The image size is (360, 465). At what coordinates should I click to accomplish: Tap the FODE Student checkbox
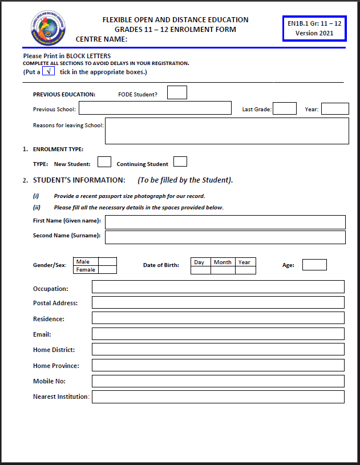[x=177, y=92]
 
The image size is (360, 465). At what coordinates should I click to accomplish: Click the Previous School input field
[x=155, y=108]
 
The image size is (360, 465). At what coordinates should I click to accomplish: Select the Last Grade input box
[x=284, y=108]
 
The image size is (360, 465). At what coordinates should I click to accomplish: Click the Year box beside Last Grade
[x=335, y=108]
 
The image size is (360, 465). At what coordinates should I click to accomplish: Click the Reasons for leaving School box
[x=226, y=131]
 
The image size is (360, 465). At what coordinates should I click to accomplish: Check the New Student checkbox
[x=104, y=162]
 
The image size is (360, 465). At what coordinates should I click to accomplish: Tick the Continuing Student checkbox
[x=180, y=162]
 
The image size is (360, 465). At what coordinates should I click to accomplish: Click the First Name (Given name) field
[x=225, y=222]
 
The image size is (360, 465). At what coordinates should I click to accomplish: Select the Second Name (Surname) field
[x=225, y=237]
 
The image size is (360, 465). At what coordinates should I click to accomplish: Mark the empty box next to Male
[x=108, y=261]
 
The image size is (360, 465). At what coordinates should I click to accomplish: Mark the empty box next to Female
[x=108, y=269]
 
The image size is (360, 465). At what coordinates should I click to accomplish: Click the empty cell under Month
[x=223, y=270]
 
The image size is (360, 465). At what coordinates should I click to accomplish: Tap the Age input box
[x=314, y=265]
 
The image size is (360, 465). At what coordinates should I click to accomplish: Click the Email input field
[x=218, y=334]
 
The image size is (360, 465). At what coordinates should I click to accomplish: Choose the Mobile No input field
[x=218, y=381]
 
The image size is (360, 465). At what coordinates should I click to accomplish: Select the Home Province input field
[x=218, y=365]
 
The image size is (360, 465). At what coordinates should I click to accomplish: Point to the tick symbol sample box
[x=48, y=71]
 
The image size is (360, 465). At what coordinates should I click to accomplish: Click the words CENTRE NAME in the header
[x=102, y=39]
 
